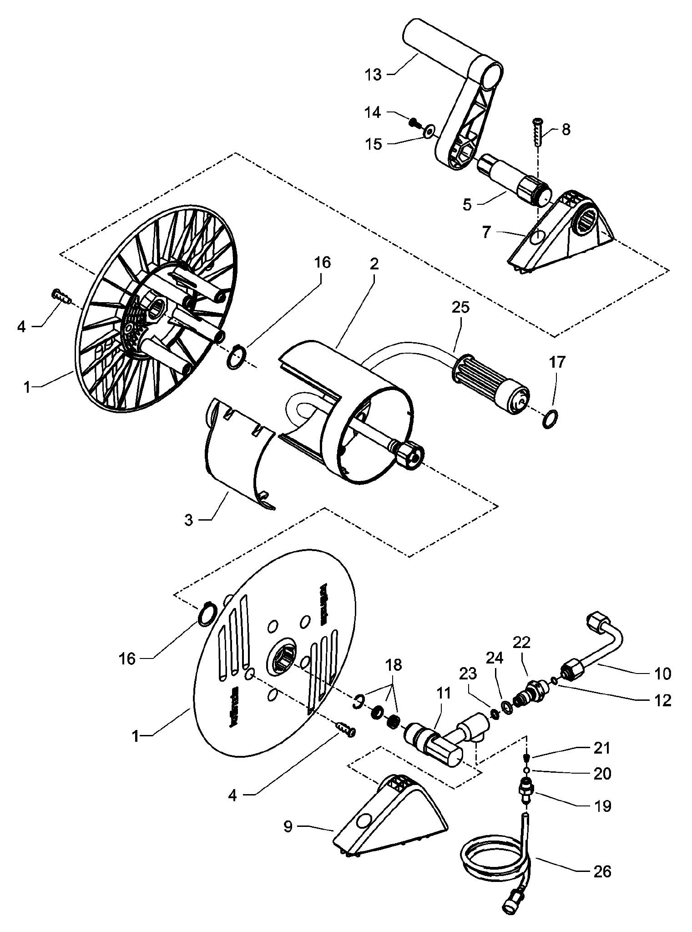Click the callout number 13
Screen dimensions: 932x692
(373, 74)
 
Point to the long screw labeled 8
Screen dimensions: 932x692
(537, 132)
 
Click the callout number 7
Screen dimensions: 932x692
(486, 232)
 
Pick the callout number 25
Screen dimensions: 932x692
(460, 307)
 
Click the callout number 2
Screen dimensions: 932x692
(374, 264)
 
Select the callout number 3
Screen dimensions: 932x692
(188, 519)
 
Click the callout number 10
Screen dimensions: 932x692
(663, 673)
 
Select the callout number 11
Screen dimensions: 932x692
(443, 693)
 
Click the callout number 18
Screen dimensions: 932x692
(394, 665)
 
